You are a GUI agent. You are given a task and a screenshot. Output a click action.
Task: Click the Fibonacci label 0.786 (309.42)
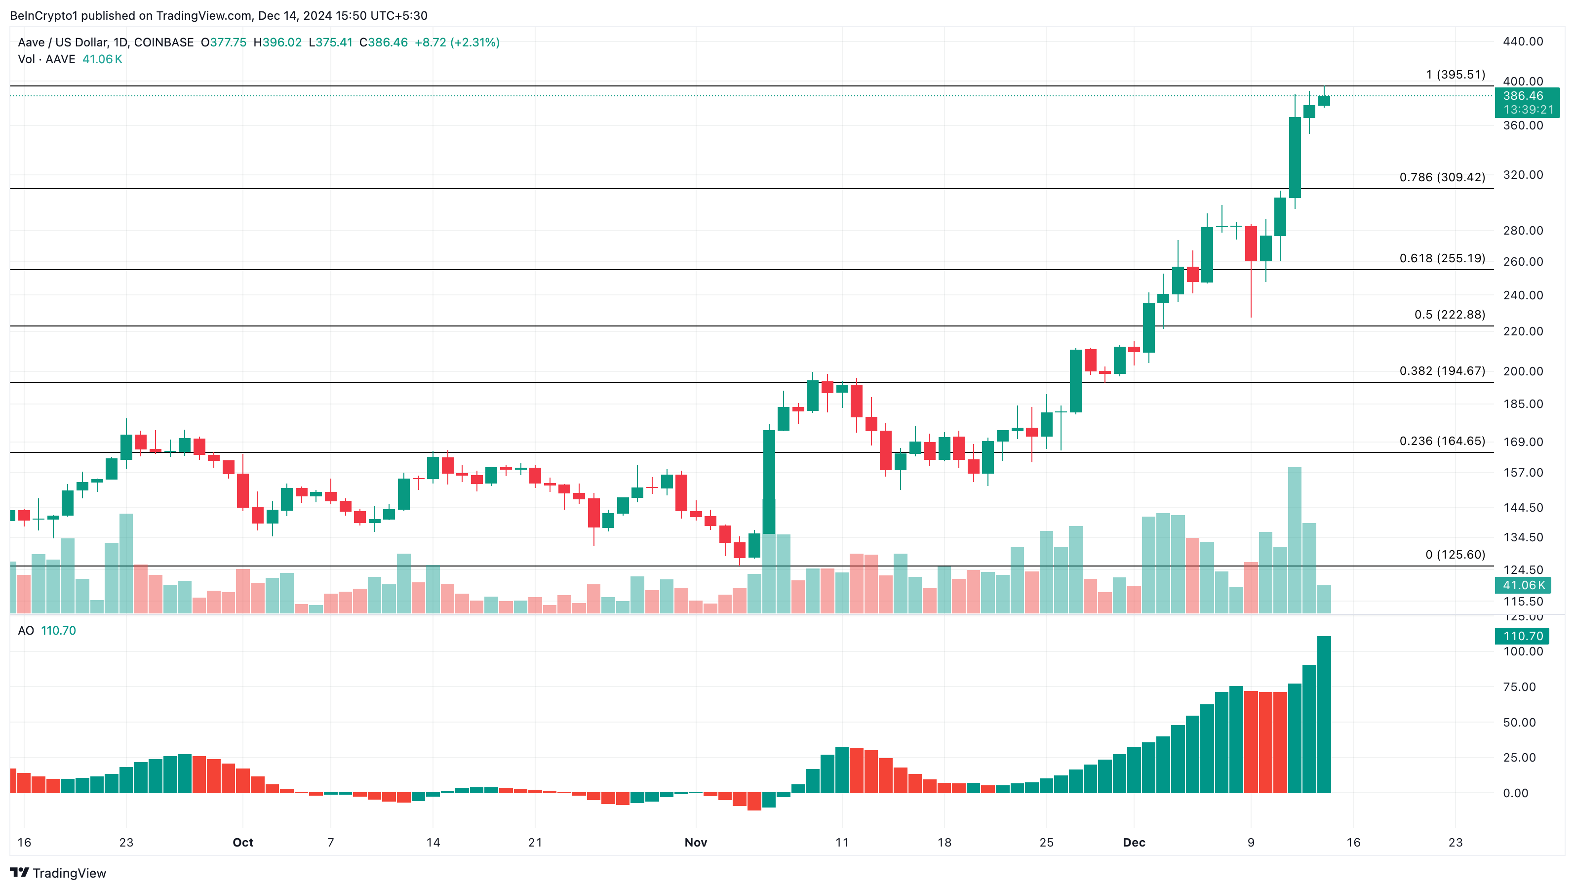point(1442,177)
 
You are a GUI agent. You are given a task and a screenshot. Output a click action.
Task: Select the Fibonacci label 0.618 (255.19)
point(1442,258)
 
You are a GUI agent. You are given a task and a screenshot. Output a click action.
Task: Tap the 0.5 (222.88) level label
point(1449,315)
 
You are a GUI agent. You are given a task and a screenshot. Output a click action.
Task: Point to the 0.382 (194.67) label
point(1442,371)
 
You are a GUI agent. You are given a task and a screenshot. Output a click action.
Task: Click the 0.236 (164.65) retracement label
point(1442,441)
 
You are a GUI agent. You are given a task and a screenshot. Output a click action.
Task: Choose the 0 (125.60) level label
point(1455,555)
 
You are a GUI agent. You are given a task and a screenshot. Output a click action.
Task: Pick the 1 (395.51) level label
point(1455,75)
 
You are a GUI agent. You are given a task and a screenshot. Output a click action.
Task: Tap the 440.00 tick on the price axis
point(1523,41)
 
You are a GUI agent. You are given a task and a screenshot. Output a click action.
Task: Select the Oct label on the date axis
point(243,842)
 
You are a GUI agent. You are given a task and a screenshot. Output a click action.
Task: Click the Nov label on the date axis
point(696,842)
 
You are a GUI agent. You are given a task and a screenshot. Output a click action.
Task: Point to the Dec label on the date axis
point(1134,842)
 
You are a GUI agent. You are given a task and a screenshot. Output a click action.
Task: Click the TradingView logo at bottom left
point(58,873)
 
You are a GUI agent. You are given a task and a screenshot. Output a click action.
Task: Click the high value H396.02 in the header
point(277,42)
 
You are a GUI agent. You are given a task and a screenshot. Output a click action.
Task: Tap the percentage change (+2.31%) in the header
point(474,42)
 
